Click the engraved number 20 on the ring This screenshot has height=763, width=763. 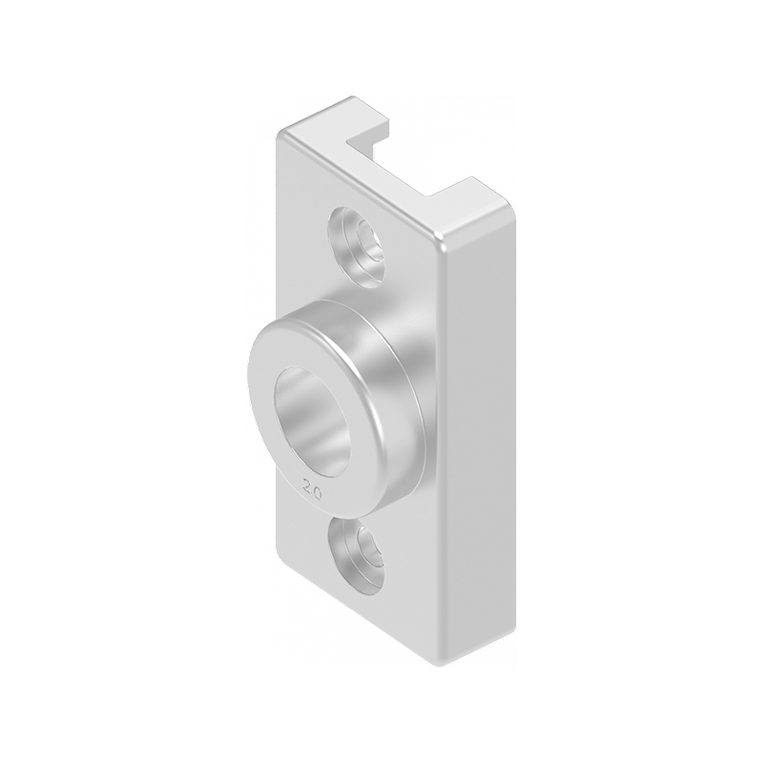(310, 485)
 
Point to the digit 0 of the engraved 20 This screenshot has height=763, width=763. (316, 487)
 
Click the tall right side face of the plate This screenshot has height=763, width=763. (477, 429)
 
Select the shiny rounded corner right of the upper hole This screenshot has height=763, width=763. (441, 238)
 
